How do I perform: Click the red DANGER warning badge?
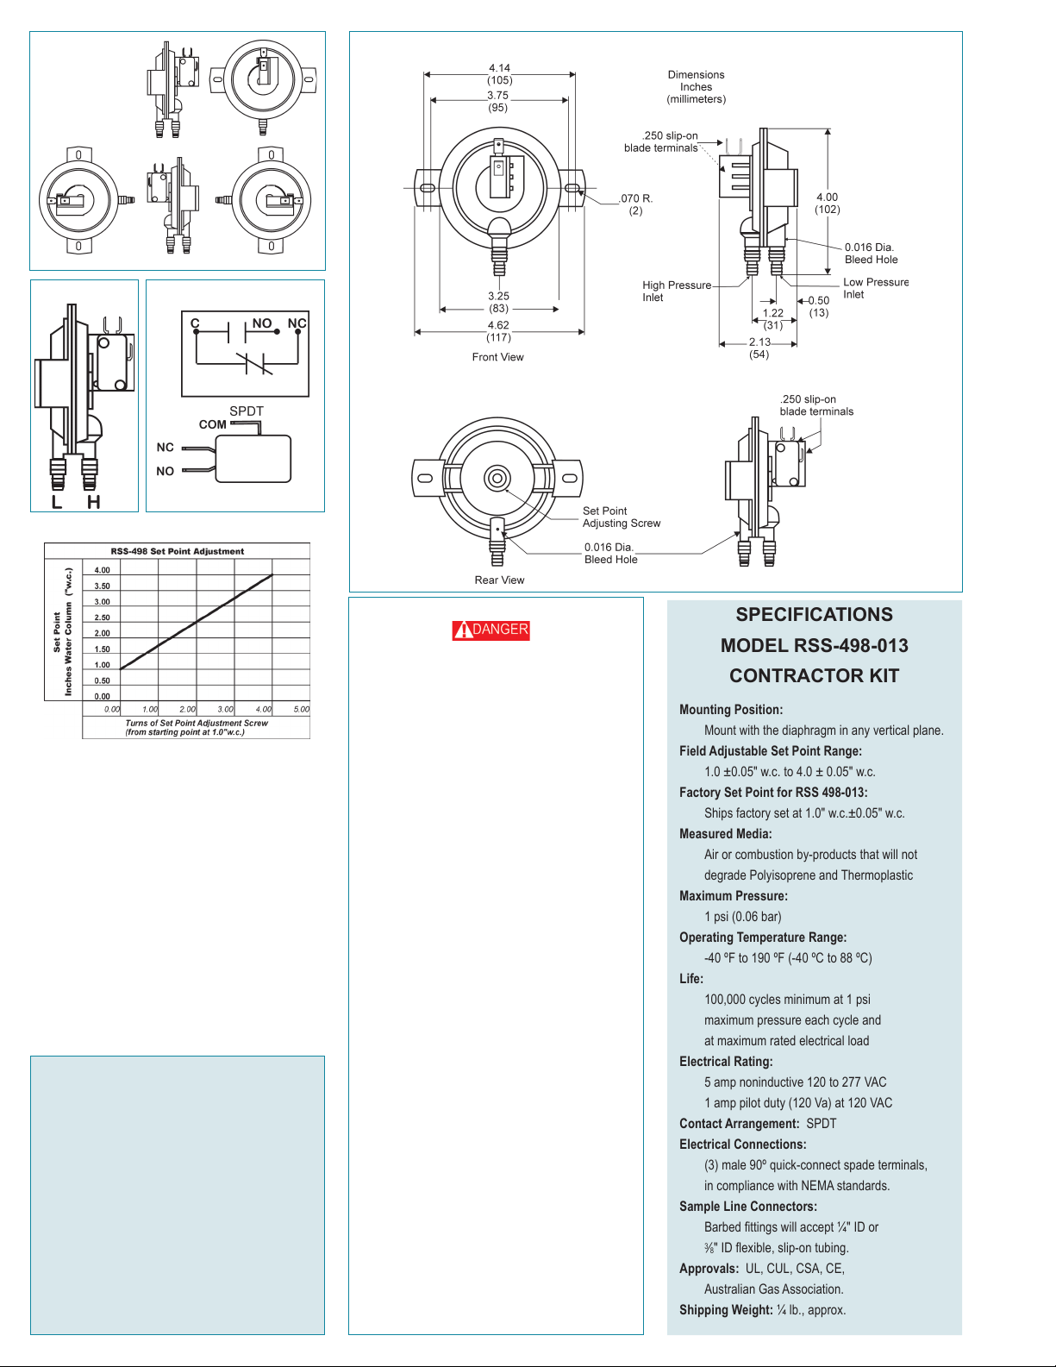491,630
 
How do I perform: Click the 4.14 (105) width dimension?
500,73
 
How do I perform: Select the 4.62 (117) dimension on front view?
498,331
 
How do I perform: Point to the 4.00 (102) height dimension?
828,204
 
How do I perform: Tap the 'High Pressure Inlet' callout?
677,292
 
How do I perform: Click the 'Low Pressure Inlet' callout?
876,288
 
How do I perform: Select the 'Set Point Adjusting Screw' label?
621,517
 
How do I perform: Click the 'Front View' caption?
498,357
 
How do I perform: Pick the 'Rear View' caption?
499,580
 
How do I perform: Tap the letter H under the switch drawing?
94,501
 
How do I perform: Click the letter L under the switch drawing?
57,501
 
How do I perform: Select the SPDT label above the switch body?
247,411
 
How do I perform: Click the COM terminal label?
212,424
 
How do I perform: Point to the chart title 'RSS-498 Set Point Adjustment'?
178,551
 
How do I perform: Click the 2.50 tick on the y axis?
102,618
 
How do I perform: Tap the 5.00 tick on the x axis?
302,709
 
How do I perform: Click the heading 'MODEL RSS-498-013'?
814,645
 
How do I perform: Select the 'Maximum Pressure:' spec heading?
733,896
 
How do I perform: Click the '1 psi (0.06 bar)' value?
742,917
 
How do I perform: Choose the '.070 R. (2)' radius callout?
635,204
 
